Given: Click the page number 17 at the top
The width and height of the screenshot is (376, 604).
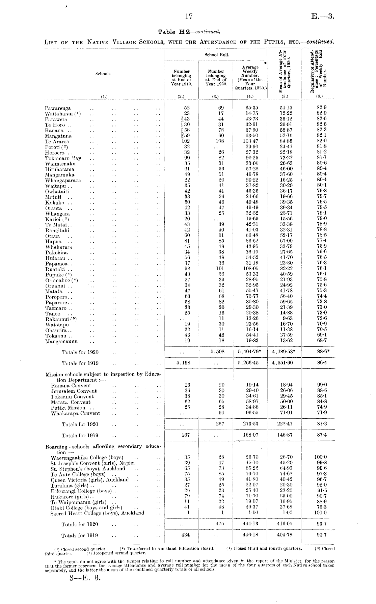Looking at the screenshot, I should [189, 17].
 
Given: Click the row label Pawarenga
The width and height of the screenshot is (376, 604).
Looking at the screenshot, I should [58, 108].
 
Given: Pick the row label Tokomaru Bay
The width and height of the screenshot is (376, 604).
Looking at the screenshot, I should [63, 158].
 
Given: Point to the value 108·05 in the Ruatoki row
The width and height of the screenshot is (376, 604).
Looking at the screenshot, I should [250, 269].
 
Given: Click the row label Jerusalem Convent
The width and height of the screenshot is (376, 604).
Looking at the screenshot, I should [74, 391].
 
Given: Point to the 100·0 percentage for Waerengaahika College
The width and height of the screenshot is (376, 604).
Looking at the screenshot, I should [320, 458].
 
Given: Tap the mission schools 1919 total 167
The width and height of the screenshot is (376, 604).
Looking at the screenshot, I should [186, 435].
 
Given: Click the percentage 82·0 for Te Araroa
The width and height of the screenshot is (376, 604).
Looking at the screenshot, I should [320, 141].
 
